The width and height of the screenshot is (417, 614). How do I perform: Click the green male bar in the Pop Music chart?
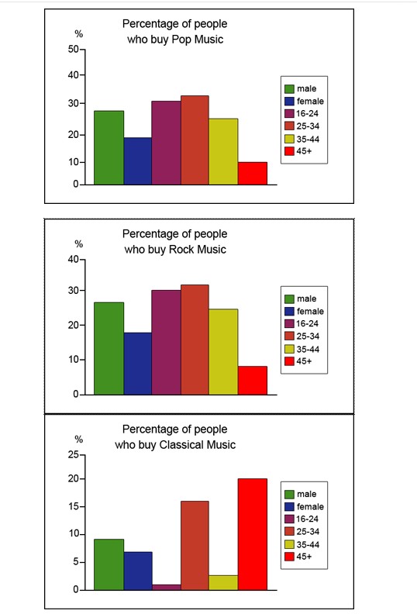(109, 147)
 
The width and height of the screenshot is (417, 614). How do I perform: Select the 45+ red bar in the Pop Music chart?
(252, 173)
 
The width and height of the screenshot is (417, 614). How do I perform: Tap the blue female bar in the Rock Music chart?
(137, 363)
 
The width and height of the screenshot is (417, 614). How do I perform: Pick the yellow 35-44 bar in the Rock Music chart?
(223, 351)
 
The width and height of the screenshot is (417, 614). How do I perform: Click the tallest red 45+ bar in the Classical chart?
(252, 534)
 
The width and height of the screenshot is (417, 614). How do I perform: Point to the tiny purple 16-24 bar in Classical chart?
(166, 587)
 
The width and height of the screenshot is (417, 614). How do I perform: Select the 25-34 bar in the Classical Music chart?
(195, 545)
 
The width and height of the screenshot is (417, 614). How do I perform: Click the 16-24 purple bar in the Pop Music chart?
(166, 143)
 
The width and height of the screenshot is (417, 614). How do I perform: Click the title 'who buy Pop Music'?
(175, 39)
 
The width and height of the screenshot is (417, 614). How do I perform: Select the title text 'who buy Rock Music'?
(175, 249)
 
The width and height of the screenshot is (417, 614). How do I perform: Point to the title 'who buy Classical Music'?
(175, 444)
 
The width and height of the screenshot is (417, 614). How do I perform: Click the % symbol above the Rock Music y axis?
(78, 243)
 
